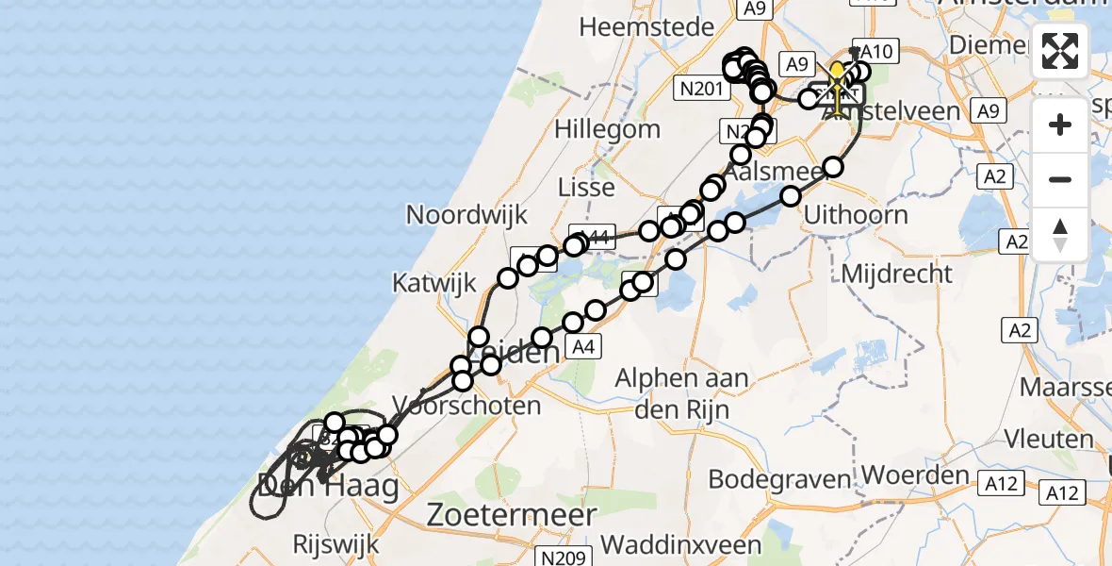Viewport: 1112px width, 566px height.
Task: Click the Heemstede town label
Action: coord(646,27)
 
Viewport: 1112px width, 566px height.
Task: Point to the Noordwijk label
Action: coord(467,214)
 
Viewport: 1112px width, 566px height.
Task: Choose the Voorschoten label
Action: coord(466,406)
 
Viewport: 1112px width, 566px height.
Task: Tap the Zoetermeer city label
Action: coord(512,515)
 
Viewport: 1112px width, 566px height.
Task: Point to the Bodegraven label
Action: coord(779,479)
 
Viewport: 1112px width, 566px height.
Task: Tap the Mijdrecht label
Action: coord(898,274)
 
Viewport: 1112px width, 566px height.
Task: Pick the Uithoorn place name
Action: coord(856,214)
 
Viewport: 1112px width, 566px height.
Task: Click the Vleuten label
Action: coord(1048,440)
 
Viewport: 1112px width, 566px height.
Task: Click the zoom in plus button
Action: coord(1060,125)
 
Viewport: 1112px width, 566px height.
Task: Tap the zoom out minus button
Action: coord(1060,179)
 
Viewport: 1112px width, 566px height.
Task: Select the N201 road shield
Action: coord(702,89)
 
